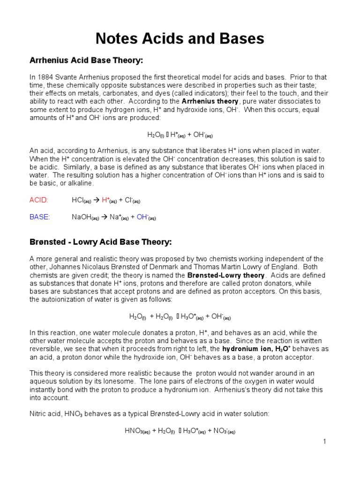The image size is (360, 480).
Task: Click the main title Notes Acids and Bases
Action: tap(180, 38)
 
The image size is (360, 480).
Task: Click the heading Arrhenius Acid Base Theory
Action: tap(86, 61)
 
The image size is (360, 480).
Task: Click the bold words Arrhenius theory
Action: tap(210, 101)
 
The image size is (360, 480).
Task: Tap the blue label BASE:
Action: tap(39, 217)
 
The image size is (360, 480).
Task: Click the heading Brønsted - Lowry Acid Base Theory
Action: tap(100, 242)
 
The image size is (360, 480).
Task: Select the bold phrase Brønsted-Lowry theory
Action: tap(226, 275)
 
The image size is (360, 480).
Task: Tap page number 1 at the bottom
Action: tap(323, 442)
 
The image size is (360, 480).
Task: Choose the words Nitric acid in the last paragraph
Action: tap(45, 414)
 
